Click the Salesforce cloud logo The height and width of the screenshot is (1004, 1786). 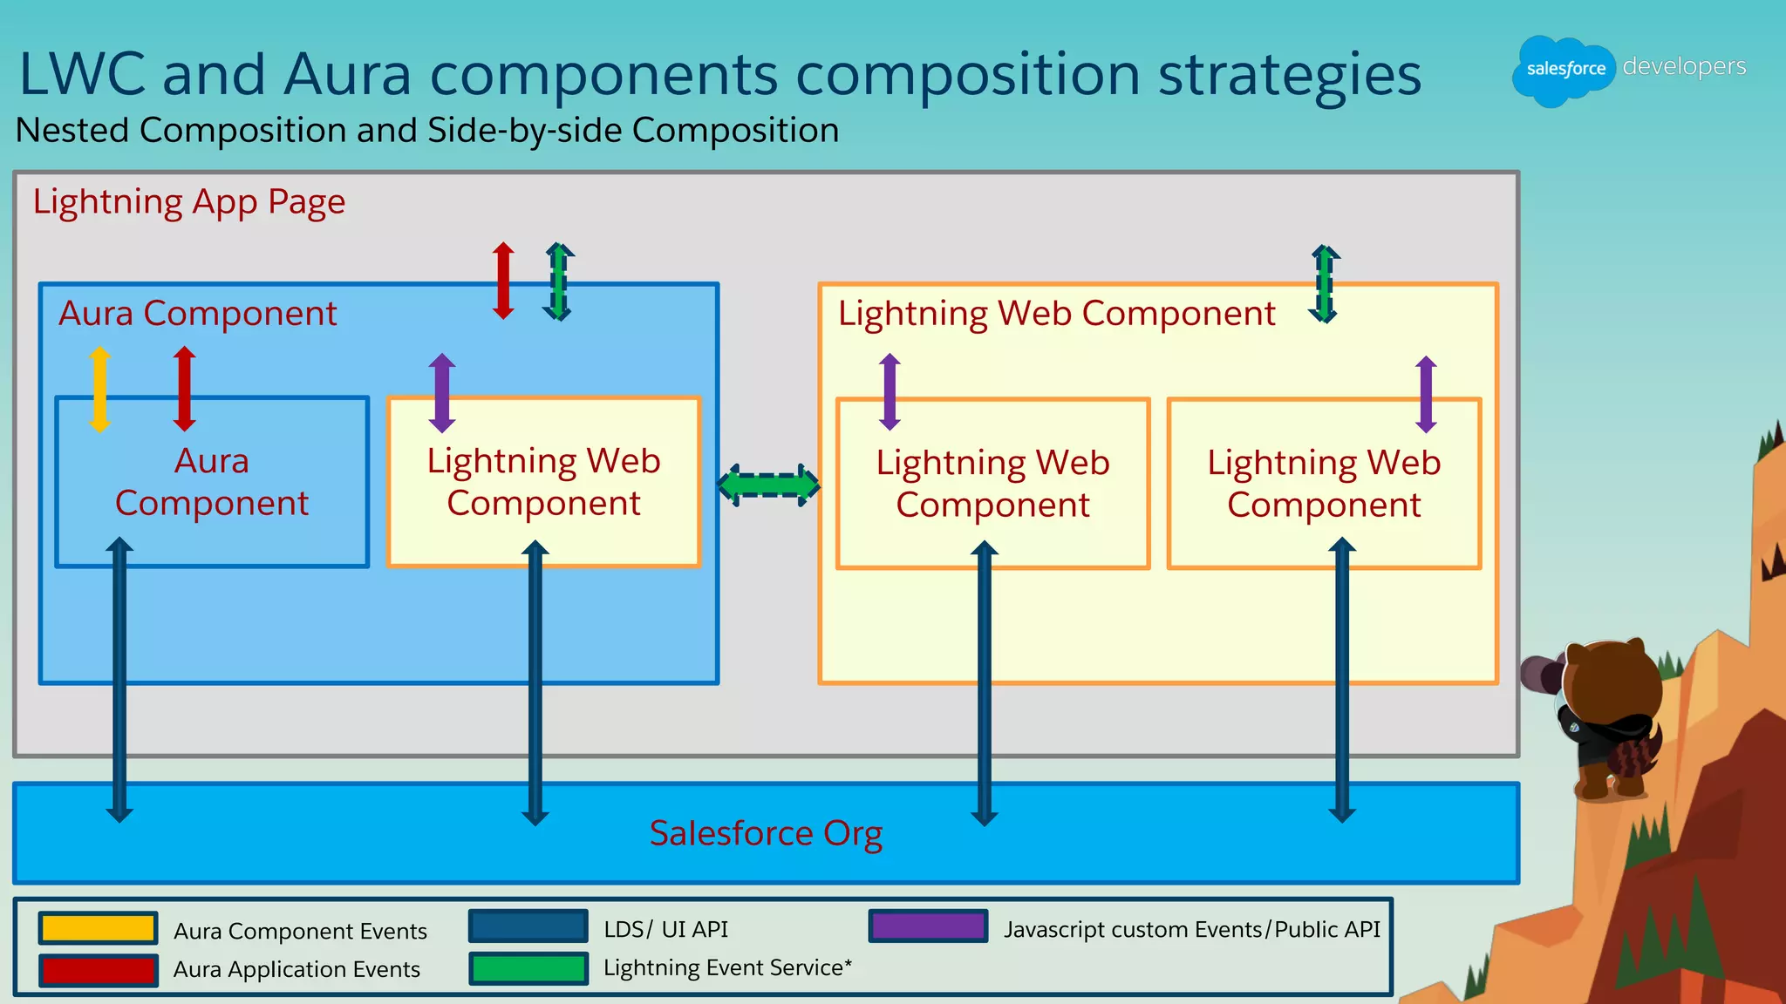pyautogui.click(x=1564, y=70)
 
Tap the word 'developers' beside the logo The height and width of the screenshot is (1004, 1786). pyautogui.click(x=1684, y=66)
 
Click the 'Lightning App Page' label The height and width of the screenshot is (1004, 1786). pyautogui.click(x=189, y=202)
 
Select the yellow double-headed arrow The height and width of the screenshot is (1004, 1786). pyautogui.click(x=99, y=389)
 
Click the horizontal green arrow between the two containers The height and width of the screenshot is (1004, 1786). pyautogui.click(x=768, y=485)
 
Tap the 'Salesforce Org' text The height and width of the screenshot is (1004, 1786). pyautogui.click(x=766, y=833)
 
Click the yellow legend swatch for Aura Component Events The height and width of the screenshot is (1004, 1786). pyautogui.click(x=98, y=928)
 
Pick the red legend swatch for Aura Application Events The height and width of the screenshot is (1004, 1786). pyautogui.click(x=98, y=969)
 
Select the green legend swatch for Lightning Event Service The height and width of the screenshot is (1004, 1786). pyautogui.click(x=528, y=968)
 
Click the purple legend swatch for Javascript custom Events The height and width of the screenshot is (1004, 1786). pyautogui.click(x=928, y=926)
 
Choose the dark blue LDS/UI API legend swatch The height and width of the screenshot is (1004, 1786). pyautogui.click(x=528, y=926)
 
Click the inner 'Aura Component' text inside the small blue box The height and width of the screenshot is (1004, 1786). pyautogui.click(x=212, y=482)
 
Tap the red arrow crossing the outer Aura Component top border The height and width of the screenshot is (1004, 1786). pyautogui.click(x=503, y=281)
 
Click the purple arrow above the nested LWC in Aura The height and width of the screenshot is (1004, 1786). pyautogui.click(x=442, y=392)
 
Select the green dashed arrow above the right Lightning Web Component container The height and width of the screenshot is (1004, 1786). pyautogui.click(x=1325, y=284)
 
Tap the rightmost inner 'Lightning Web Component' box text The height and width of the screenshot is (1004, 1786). pyautogui.click(x=1323, y=484)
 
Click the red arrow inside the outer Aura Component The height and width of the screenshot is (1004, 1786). pyautogui.click(x=184, y=389)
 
